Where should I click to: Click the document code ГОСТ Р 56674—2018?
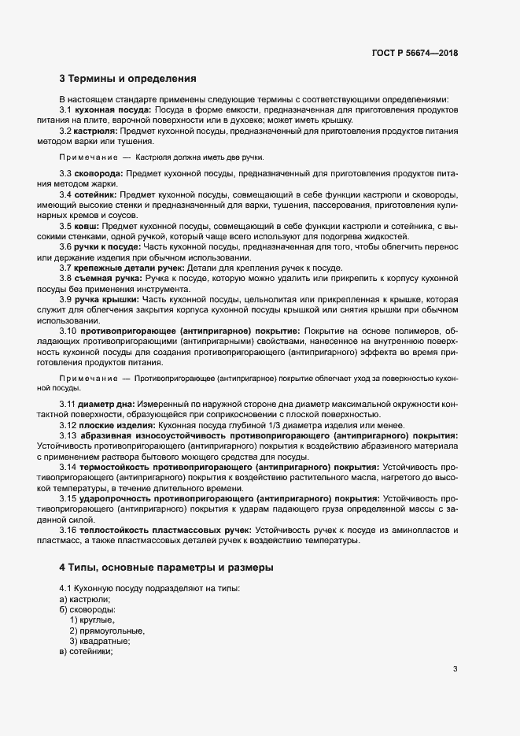[415, 53]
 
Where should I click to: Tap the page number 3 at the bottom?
[455, 669]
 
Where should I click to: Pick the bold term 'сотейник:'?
[96, 194]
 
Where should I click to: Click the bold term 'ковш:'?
[87, 225]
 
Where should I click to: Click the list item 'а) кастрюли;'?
[85, 600]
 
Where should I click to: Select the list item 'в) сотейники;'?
[87, 652]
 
